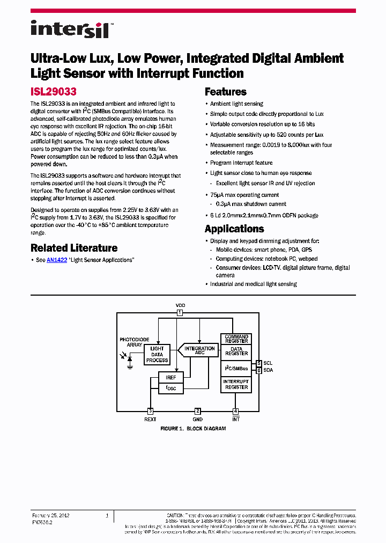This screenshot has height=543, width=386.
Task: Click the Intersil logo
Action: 70,30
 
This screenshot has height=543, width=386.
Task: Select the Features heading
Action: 226,92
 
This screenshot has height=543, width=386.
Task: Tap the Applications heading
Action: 234,229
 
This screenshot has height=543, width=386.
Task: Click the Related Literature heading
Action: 74,248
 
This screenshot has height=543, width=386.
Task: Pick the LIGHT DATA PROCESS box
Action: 157,355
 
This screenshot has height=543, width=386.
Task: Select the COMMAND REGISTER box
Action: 236,339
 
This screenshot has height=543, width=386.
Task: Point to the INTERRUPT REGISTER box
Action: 236,384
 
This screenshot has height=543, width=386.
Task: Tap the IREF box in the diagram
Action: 170,378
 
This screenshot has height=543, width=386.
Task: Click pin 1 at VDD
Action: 180,312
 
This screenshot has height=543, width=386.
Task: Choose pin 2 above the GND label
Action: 198,411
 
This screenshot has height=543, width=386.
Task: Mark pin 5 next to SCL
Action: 258,363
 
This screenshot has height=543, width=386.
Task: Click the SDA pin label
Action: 268,370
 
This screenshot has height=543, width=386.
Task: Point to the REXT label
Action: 150,419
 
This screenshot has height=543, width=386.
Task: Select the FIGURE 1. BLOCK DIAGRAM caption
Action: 193,429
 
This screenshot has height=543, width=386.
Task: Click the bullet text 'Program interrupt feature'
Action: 241,163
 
